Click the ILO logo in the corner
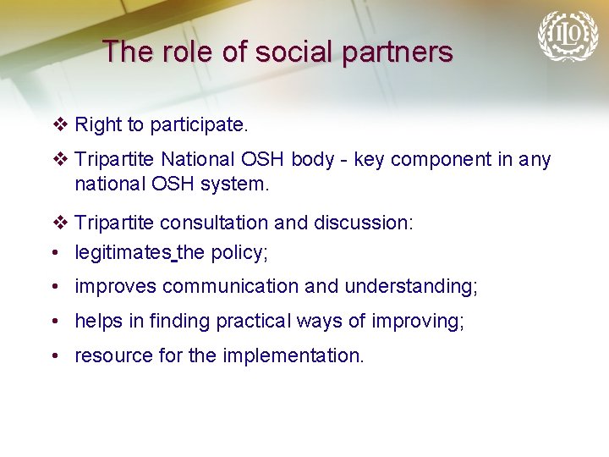568,36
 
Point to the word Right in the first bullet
98,125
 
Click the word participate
199,125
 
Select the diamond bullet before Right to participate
59,125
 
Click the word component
436,159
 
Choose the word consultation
213,223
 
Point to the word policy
239,252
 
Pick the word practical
254,322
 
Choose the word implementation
293,356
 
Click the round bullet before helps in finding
55,322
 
